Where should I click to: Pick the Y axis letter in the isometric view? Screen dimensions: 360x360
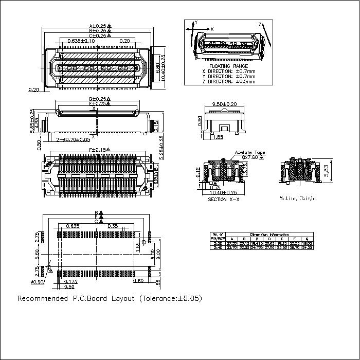tap(196, 23)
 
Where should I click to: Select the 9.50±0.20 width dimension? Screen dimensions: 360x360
tap(225, 104)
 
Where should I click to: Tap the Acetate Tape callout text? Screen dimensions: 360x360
tap(249, 153)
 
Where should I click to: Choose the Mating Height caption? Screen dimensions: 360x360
tap(298, 198)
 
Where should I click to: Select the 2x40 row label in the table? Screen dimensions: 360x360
tap(217, 247)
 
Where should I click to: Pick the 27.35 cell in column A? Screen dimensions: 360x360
tap(232, 243)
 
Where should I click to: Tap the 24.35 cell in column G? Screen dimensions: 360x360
tap(307, 247)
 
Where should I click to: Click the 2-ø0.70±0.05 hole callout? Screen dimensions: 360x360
tap(73, 139)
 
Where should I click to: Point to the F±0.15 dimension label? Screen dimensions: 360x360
tap(97, 150)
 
